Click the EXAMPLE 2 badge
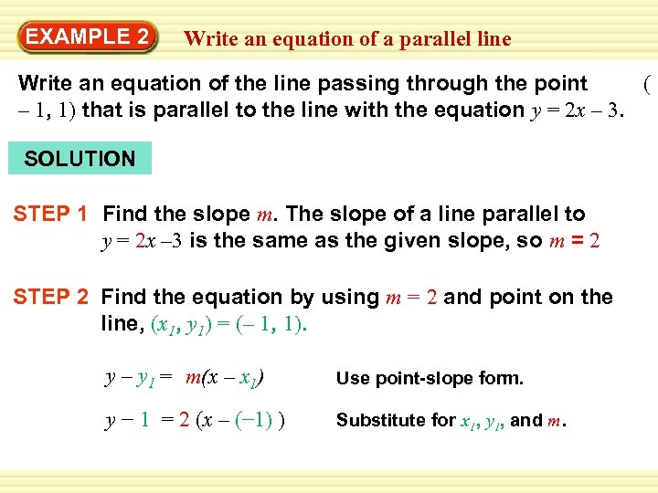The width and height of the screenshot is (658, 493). point(87,37)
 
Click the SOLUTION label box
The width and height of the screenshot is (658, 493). point(80,159)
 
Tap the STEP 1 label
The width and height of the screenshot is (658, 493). point(50,215)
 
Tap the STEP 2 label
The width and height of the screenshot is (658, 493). point(50,297)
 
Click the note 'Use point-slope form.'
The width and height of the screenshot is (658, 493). point(430,378)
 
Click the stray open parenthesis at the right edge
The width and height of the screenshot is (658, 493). point(646,86)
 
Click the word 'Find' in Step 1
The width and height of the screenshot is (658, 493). point(126,215)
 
